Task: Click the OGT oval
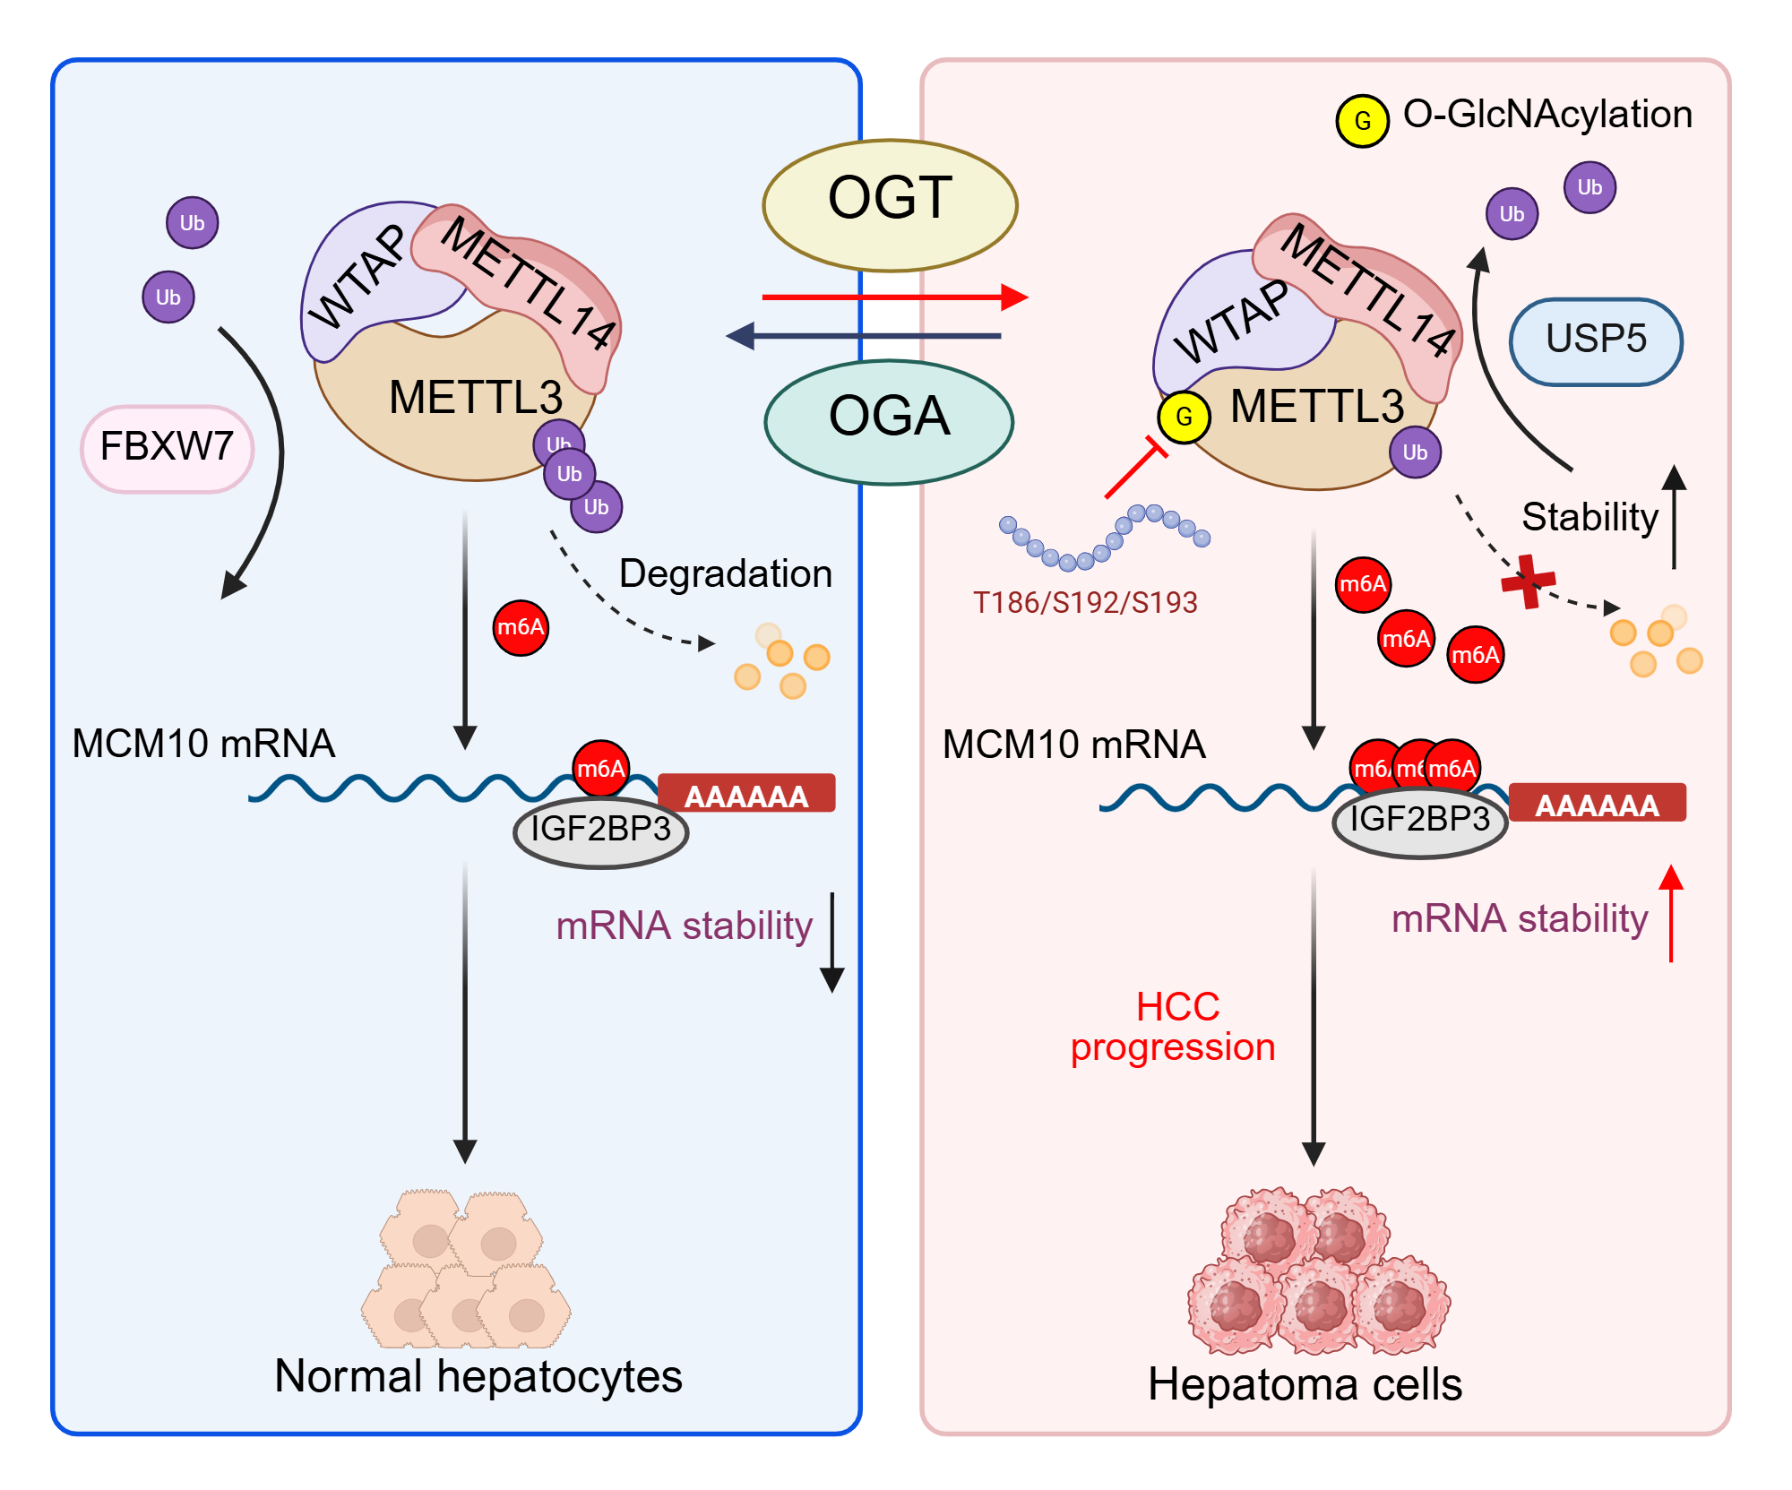(x=890, y=205)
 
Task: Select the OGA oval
(x=889, y=422)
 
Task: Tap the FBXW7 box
(x=168, y=449)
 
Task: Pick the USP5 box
(x=1596, y=342)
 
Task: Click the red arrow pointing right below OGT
(x=895, y=297)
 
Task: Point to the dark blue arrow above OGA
(x=863, y=336)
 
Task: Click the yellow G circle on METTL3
(x=1184, y=417)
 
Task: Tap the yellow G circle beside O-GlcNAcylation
(x=1362, y=121)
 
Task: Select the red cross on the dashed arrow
(x=1529, y=581)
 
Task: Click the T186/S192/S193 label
(x=1085, y=602)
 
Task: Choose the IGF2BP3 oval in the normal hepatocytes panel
(x=600, y=831)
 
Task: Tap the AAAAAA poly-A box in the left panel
(x=746, y=794)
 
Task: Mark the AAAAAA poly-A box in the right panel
(x=1598, y=803)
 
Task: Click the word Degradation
(x=726, y=573)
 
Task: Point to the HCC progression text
(x=1174, y=1027)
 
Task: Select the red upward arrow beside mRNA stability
(x=1671, y=913)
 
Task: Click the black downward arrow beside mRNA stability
(x=832, y=943)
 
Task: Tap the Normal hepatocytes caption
(x=478, y=1376)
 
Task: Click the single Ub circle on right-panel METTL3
(x=1415, y=452)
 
